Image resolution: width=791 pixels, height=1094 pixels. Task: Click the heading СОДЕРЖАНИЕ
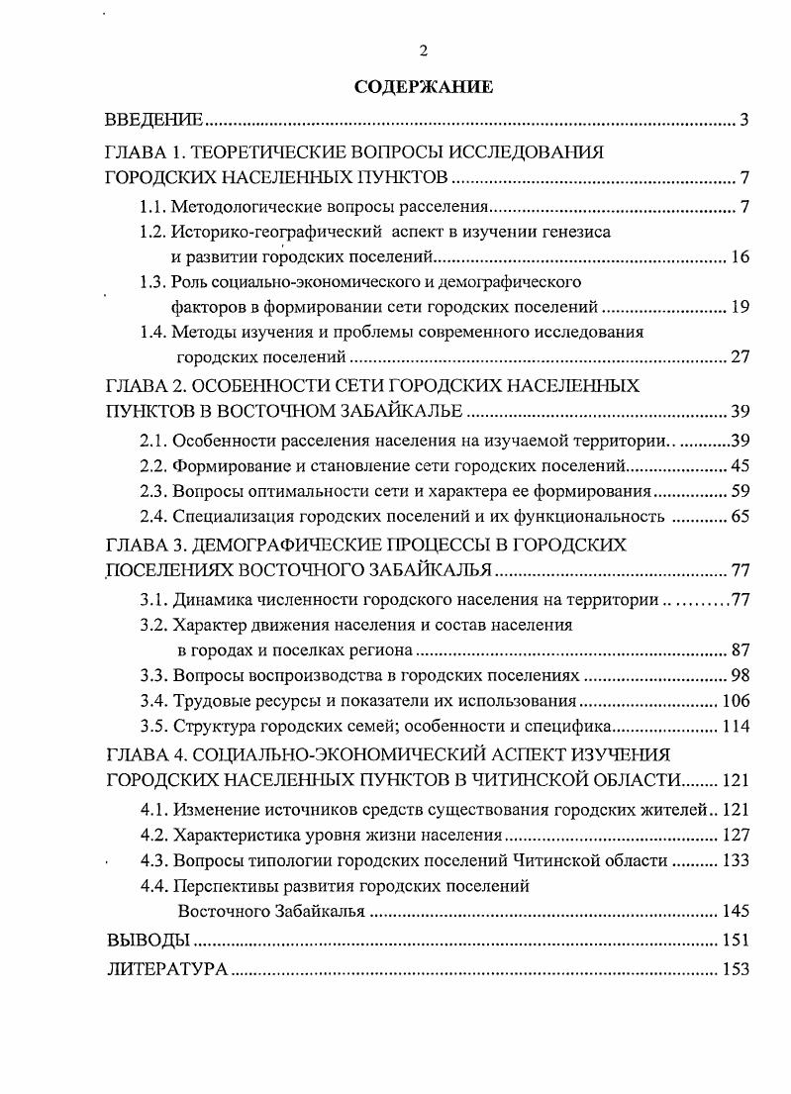tap(423, 88)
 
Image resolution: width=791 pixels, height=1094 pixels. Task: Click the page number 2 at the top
tap(424, 52)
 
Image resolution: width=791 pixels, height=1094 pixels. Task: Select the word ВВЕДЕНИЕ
tap(154, 121)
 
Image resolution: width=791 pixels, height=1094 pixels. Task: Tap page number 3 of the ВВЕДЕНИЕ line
tap(743, 121)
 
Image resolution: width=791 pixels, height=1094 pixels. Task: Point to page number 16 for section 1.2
tap(740, 258)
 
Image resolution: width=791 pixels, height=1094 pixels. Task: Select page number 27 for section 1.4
tap(740, 357)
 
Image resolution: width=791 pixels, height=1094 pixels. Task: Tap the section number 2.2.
tap(152, 464)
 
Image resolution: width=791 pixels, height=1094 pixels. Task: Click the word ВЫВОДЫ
tap(148, 940)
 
